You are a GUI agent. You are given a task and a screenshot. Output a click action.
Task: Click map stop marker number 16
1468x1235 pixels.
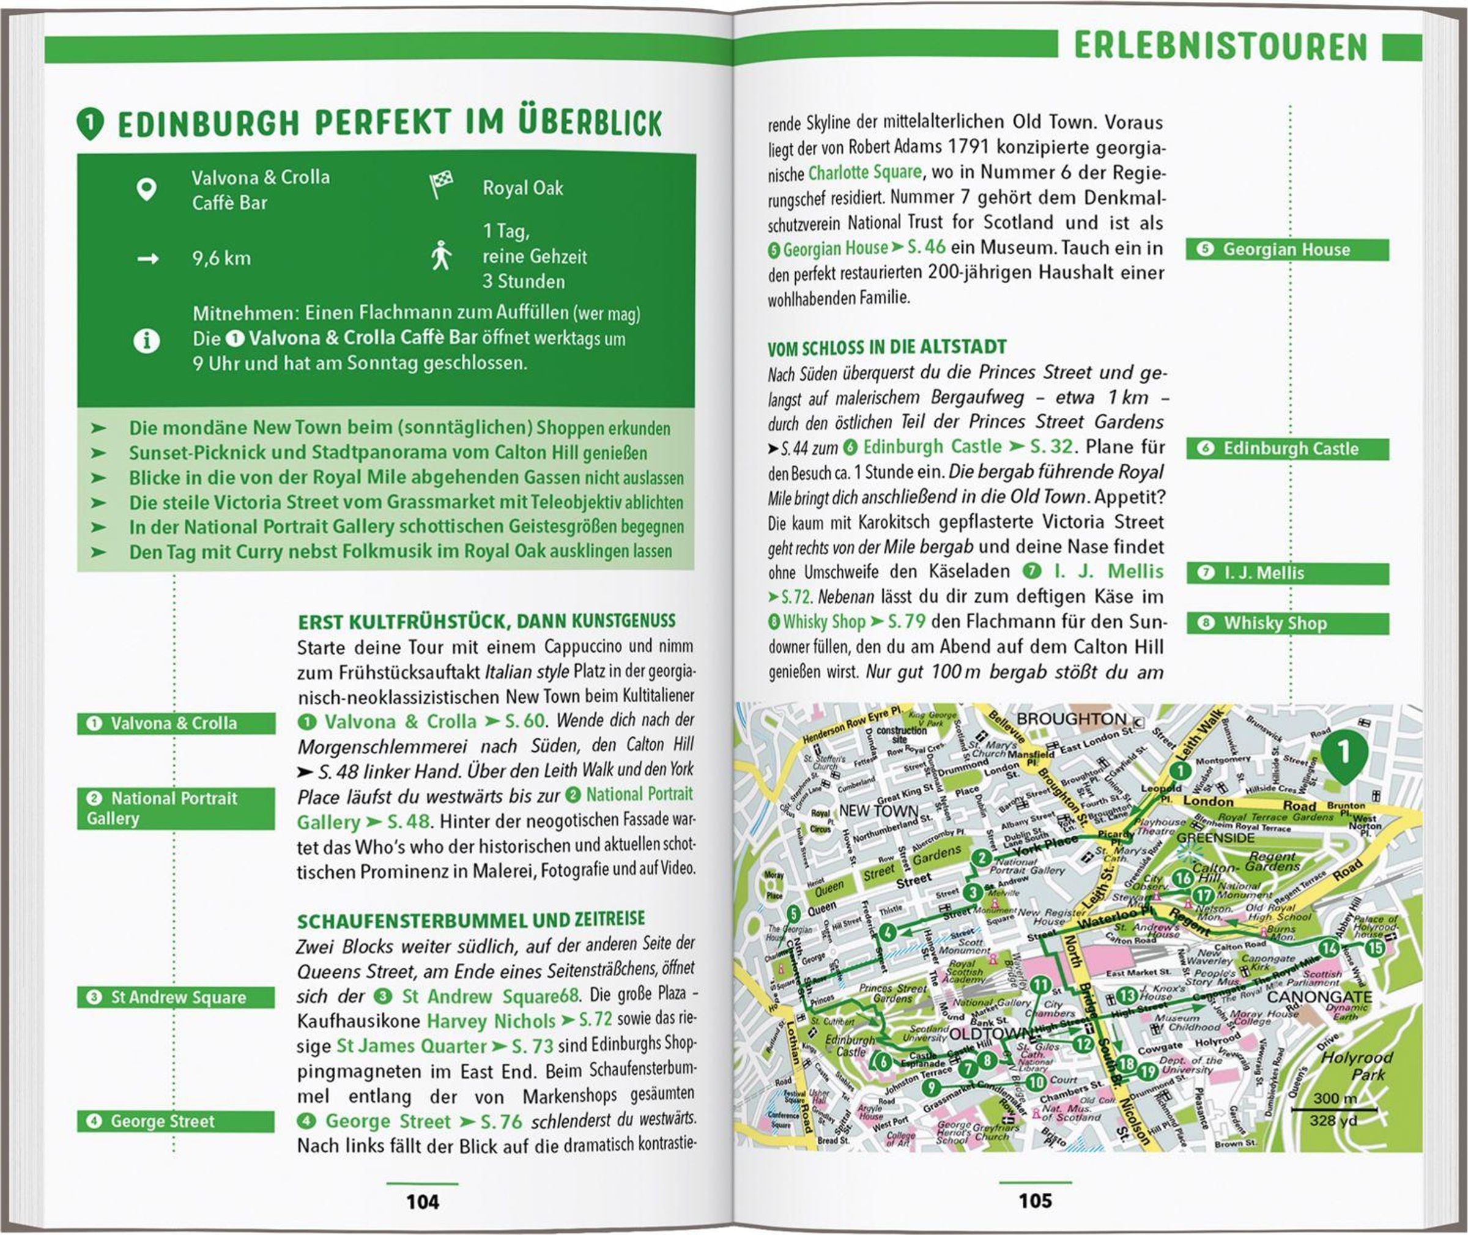point(1182,878)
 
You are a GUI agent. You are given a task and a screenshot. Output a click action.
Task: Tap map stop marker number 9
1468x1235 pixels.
point(930,1087)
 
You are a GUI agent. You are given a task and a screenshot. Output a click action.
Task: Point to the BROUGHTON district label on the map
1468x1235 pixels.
point(1072,719)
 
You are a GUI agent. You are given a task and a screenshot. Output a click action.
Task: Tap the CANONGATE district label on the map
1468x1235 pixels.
point(1319,996)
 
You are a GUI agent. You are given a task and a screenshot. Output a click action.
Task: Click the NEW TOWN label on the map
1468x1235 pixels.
point(878,810)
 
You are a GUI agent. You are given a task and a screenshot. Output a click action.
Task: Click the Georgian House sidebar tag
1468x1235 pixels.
point(1287,250)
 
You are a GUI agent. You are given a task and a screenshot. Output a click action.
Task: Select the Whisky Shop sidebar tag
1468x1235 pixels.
point(1287,623)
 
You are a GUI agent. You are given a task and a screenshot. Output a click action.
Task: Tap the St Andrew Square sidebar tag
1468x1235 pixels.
point(175,998)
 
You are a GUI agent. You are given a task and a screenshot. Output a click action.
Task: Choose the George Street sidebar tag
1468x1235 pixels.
point(175,1122)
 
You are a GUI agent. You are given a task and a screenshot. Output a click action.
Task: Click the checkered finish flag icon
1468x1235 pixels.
point(440,185)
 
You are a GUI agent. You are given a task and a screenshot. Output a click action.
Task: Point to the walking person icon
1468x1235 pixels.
point(440,256)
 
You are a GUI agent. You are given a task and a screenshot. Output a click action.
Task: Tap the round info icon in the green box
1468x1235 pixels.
point(146,341)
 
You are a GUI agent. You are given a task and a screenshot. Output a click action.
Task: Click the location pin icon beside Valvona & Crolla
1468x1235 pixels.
point(146,190)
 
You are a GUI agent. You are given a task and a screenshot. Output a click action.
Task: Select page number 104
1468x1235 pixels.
point(422,1202)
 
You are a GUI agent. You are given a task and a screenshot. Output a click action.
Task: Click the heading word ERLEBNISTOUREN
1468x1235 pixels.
point(1220,48)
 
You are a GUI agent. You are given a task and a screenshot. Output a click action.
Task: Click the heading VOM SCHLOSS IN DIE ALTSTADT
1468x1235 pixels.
point(886,347)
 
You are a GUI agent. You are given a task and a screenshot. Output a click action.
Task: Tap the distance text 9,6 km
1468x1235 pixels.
point(221,258)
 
